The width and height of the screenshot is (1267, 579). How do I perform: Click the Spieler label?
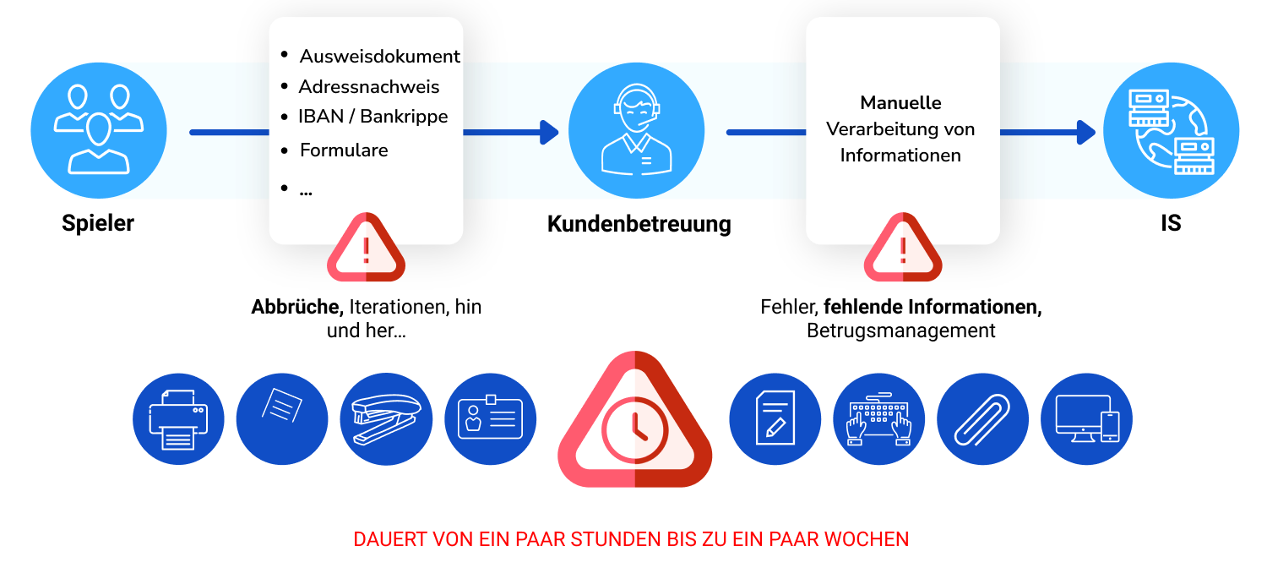coord(98,223)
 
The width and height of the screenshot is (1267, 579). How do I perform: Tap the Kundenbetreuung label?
coord(639,223)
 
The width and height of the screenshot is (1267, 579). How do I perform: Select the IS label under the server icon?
coord(1171,223)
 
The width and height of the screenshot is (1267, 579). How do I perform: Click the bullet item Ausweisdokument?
coord(379,56)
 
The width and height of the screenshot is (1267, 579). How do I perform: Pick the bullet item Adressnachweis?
coord(369,86)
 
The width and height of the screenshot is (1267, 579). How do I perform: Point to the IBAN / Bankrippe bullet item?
coord(372,117)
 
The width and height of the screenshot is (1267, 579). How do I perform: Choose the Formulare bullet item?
coord(344,150)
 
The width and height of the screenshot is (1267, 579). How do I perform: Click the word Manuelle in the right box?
coord(900,102)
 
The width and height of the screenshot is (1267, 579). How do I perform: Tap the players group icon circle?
coord(99,130)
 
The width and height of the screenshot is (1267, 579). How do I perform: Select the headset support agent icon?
coord(636,130)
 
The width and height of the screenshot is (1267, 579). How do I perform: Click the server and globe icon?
coord(1171,130)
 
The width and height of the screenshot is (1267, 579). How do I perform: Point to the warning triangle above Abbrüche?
coord(366,248)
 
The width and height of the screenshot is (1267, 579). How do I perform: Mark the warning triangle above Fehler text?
coord(903,248)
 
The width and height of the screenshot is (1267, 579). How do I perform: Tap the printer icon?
coord(178,419)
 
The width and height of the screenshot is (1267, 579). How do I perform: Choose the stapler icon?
coord(386,419)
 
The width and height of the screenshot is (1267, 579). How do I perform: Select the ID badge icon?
coord(491,419)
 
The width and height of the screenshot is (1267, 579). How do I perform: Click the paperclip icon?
coord(982,419)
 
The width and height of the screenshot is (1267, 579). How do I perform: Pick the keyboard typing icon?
coord(879,419)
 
